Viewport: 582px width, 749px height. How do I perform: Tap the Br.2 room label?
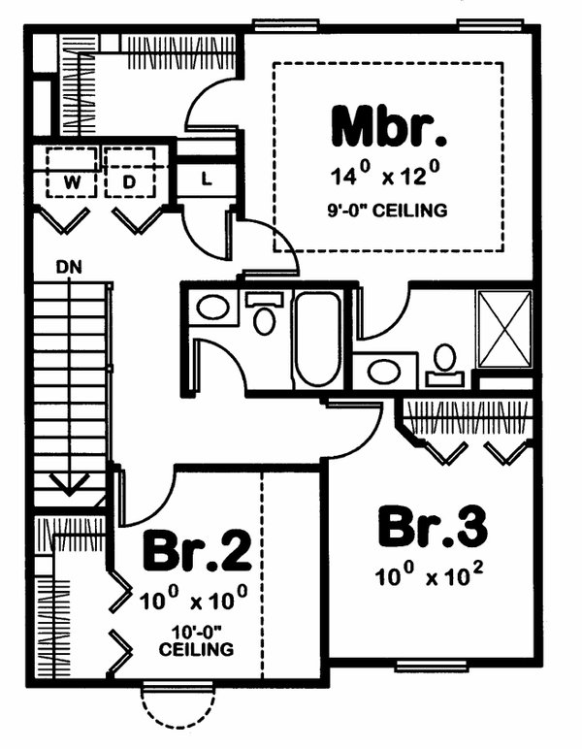[x=197, y=552]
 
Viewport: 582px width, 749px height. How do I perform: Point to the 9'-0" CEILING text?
[x=388, y=210]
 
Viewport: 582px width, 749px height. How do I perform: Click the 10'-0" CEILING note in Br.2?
[x=197, y=639]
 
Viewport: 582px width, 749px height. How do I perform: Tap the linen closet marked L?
[x=208, y=179]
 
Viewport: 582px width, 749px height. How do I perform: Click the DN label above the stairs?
[x=70, y=265]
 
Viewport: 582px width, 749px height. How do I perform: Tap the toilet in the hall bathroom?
[x=264, y=314]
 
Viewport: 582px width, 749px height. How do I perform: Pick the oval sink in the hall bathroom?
[x=212, y=310]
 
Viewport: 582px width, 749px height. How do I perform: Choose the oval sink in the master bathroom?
[x=384, y=372]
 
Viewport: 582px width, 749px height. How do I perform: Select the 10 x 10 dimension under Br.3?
[x=430, y=576]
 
